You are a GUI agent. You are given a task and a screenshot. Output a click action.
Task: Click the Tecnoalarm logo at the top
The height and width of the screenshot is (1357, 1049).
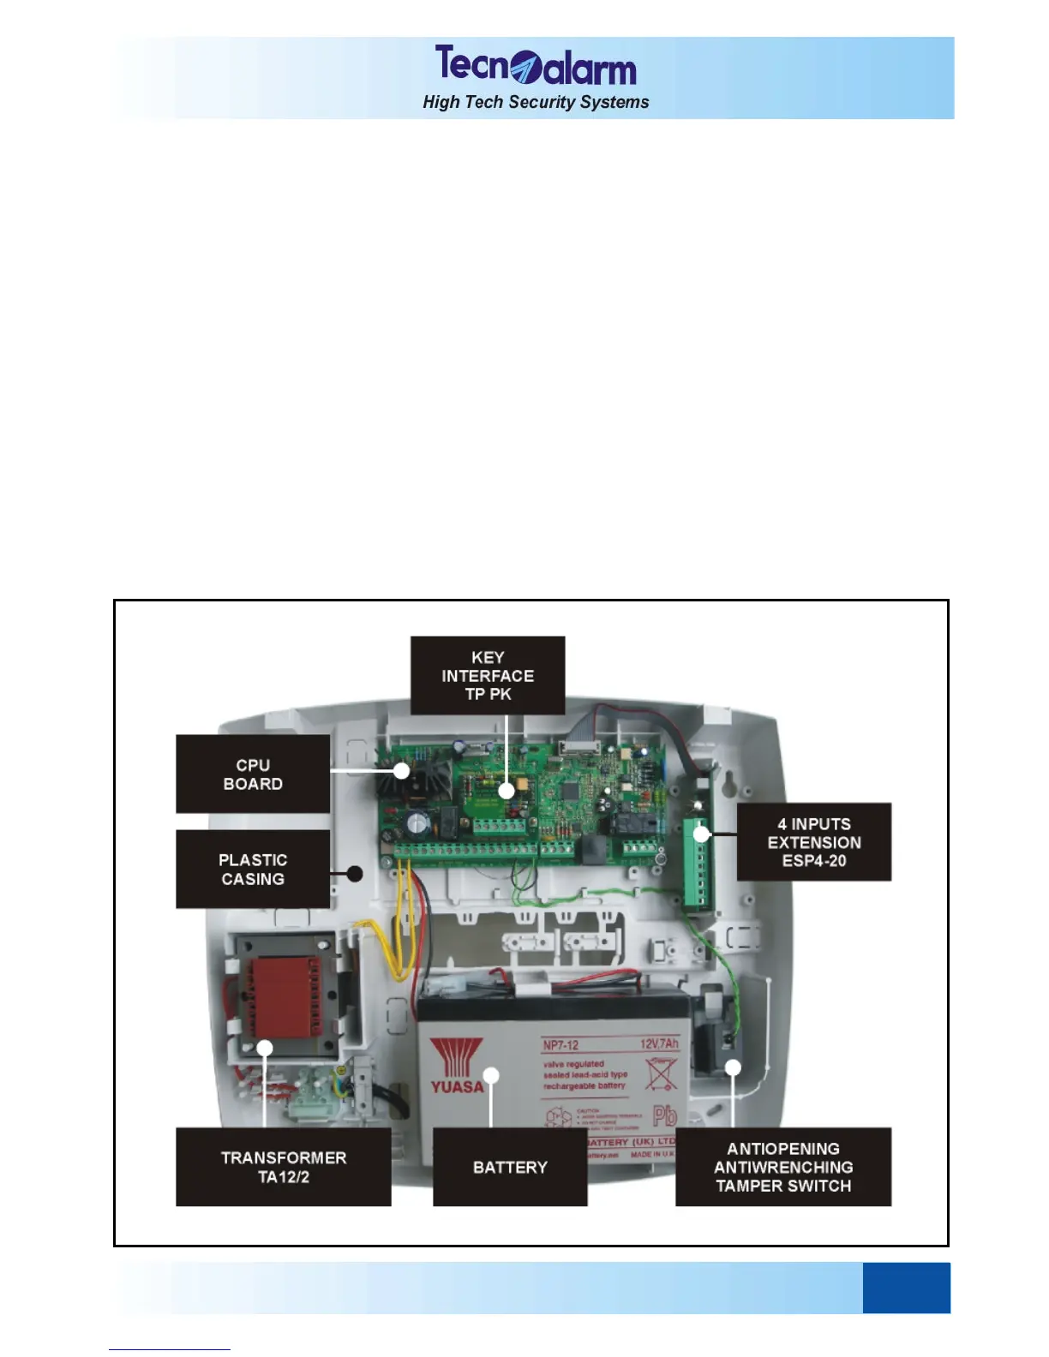[535, 66]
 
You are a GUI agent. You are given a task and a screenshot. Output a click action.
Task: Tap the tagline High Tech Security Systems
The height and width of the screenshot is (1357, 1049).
[536, 103]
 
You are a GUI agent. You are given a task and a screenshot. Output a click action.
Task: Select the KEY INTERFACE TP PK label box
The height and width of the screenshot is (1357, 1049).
[488, 675]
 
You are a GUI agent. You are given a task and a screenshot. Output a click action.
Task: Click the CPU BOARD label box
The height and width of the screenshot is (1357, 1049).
[253, 774]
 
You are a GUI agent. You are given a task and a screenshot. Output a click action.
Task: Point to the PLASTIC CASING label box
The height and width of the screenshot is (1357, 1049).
[253, 869]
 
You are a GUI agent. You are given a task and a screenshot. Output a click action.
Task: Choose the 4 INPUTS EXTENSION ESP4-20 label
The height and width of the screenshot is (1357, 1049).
[813, 842]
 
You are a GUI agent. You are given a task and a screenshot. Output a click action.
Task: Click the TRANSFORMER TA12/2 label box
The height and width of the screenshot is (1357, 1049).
[284, 1167]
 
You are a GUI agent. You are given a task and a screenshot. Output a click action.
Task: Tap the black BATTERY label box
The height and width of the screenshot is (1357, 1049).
[510, 1167]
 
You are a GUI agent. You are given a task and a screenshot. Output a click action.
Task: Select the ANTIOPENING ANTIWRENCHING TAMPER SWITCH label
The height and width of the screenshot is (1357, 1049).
[783, 1167]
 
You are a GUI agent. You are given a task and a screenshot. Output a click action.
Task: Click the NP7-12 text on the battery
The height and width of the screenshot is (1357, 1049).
[561, 1045]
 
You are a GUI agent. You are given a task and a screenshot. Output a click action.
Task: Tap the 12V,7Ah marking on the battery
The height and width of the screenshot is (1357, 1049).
[659, 1043]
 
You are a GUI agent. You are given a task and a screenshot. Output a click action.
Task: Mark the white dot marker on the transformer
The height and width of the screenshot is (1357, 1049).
[266, 1048]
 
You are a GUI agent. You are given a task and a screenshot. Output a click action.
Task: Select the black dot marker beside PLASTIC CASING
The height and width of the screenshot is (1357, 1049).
[355, 874]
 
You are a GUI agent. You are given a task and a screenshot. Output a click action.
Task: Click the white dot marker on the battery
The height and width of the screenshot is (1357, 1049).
[491, 1075]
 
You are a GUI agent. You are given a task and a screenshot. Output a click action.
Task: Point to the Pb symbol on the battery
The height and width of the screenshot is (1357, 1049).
[664, 1115]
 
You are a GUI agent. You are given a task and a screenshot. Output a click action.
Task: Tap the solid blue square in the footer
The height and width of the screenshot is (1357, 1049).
[906, 1287]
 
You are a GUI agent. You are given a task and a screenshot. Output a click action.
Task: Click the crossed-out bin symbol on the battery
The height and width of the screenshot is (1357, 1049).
[661, 1073]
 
